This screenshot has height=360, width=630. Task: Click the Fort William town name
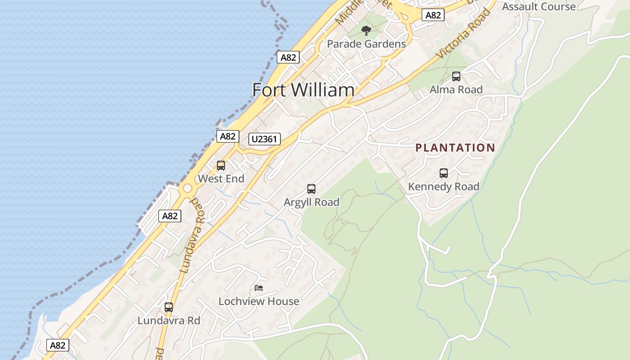click(x=303, y=90)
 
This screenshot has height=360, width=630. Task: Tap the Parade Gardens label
click(x=366, y=44)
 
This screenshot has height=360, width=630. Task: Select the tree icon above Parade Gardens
click(x=366, y=31)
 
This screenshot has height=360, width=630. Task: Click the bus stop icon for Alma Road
click(x=456, y=76)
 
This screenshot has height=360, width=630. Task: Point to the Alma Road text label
click(x=456, y=90)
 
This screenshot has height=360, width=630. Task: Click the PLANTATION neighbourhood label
click(x=455, y=148)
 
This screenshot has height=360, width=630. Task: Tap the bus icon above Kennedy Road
click(x=444, y=173)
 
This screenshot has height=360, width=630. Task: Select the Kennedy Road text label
click(x=443, y=186)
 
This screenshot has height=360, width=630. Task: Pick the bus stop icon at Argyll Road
click(x=311, y=189)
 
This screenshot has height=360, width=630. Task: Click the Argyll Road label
click(x=311, y=202)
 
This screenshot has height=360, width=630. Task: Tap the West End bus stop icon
click(x=221, y=166)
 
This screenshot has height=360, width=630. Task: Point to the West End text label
click(x=221, y=179)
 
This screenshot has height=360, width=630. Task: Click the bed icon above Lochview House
click(x=259, y=288)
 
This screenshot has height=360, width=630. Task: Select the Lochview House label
click(x=259, y=301)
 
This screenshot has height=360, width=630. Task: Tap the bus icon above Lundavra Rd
click(x=169, y=307)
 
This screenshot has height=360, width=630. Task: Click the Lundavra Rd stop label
click(x=169, y=321)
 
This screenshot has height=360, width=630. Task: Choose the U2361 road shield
click(x=265, y=139)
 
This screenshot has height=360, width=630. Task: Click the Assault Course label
click(x=539, y=6)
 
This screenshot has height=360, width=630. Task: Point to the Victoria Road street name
click(x=463, y=34)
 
